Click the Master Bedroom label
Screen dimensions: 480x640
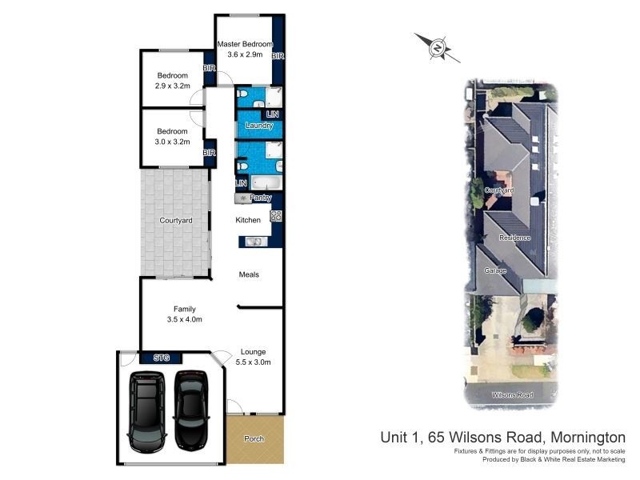(244, 50)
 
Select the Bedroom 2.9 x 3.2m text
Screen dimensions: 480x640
(172, 81)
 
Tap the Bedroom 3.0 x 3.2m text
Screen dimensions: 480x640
(172, 136)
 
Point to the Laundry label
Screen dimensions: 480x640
(259, 126)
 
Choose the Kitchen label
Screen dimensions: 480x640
(248, 220)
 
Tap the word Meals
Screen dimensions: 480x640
(249, 274)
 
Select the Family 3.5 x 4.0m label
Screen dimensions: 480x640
(185, 314)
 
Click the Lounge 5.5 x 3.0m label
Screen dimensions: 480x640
(254, 357)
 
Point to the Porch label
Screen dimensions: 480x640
(254, 439)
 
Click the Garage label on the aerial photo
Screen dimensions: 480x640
(495, 271)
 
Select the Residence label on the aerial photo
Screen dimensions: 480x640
(514, 238)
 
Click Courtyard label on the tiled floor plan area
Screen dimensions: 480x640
(176, 220)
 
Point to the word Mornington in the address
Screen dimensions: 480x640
(586, 437)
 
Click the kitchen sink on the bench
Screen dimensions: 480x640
(253, 241)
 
